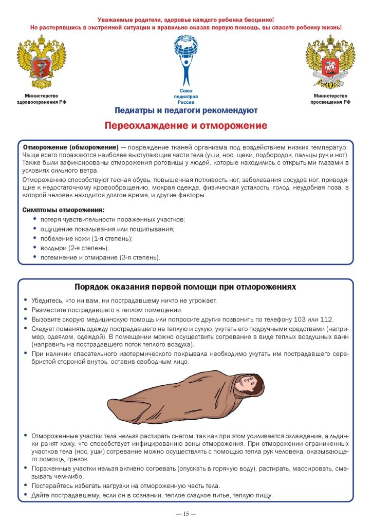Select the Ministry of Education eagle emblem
tap(330, 62)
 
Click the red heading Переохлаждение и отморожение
tap(186, 126)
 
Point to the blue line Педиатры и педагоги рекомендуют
tap(186, 110)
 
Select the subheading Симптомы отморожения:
tap(63, 210)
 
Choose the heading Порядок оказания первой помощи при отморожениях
tap(185, 287)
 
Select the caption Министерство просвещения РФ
tap(330, 99)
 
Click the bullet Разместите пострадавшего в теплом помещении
tap(107, 310)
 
